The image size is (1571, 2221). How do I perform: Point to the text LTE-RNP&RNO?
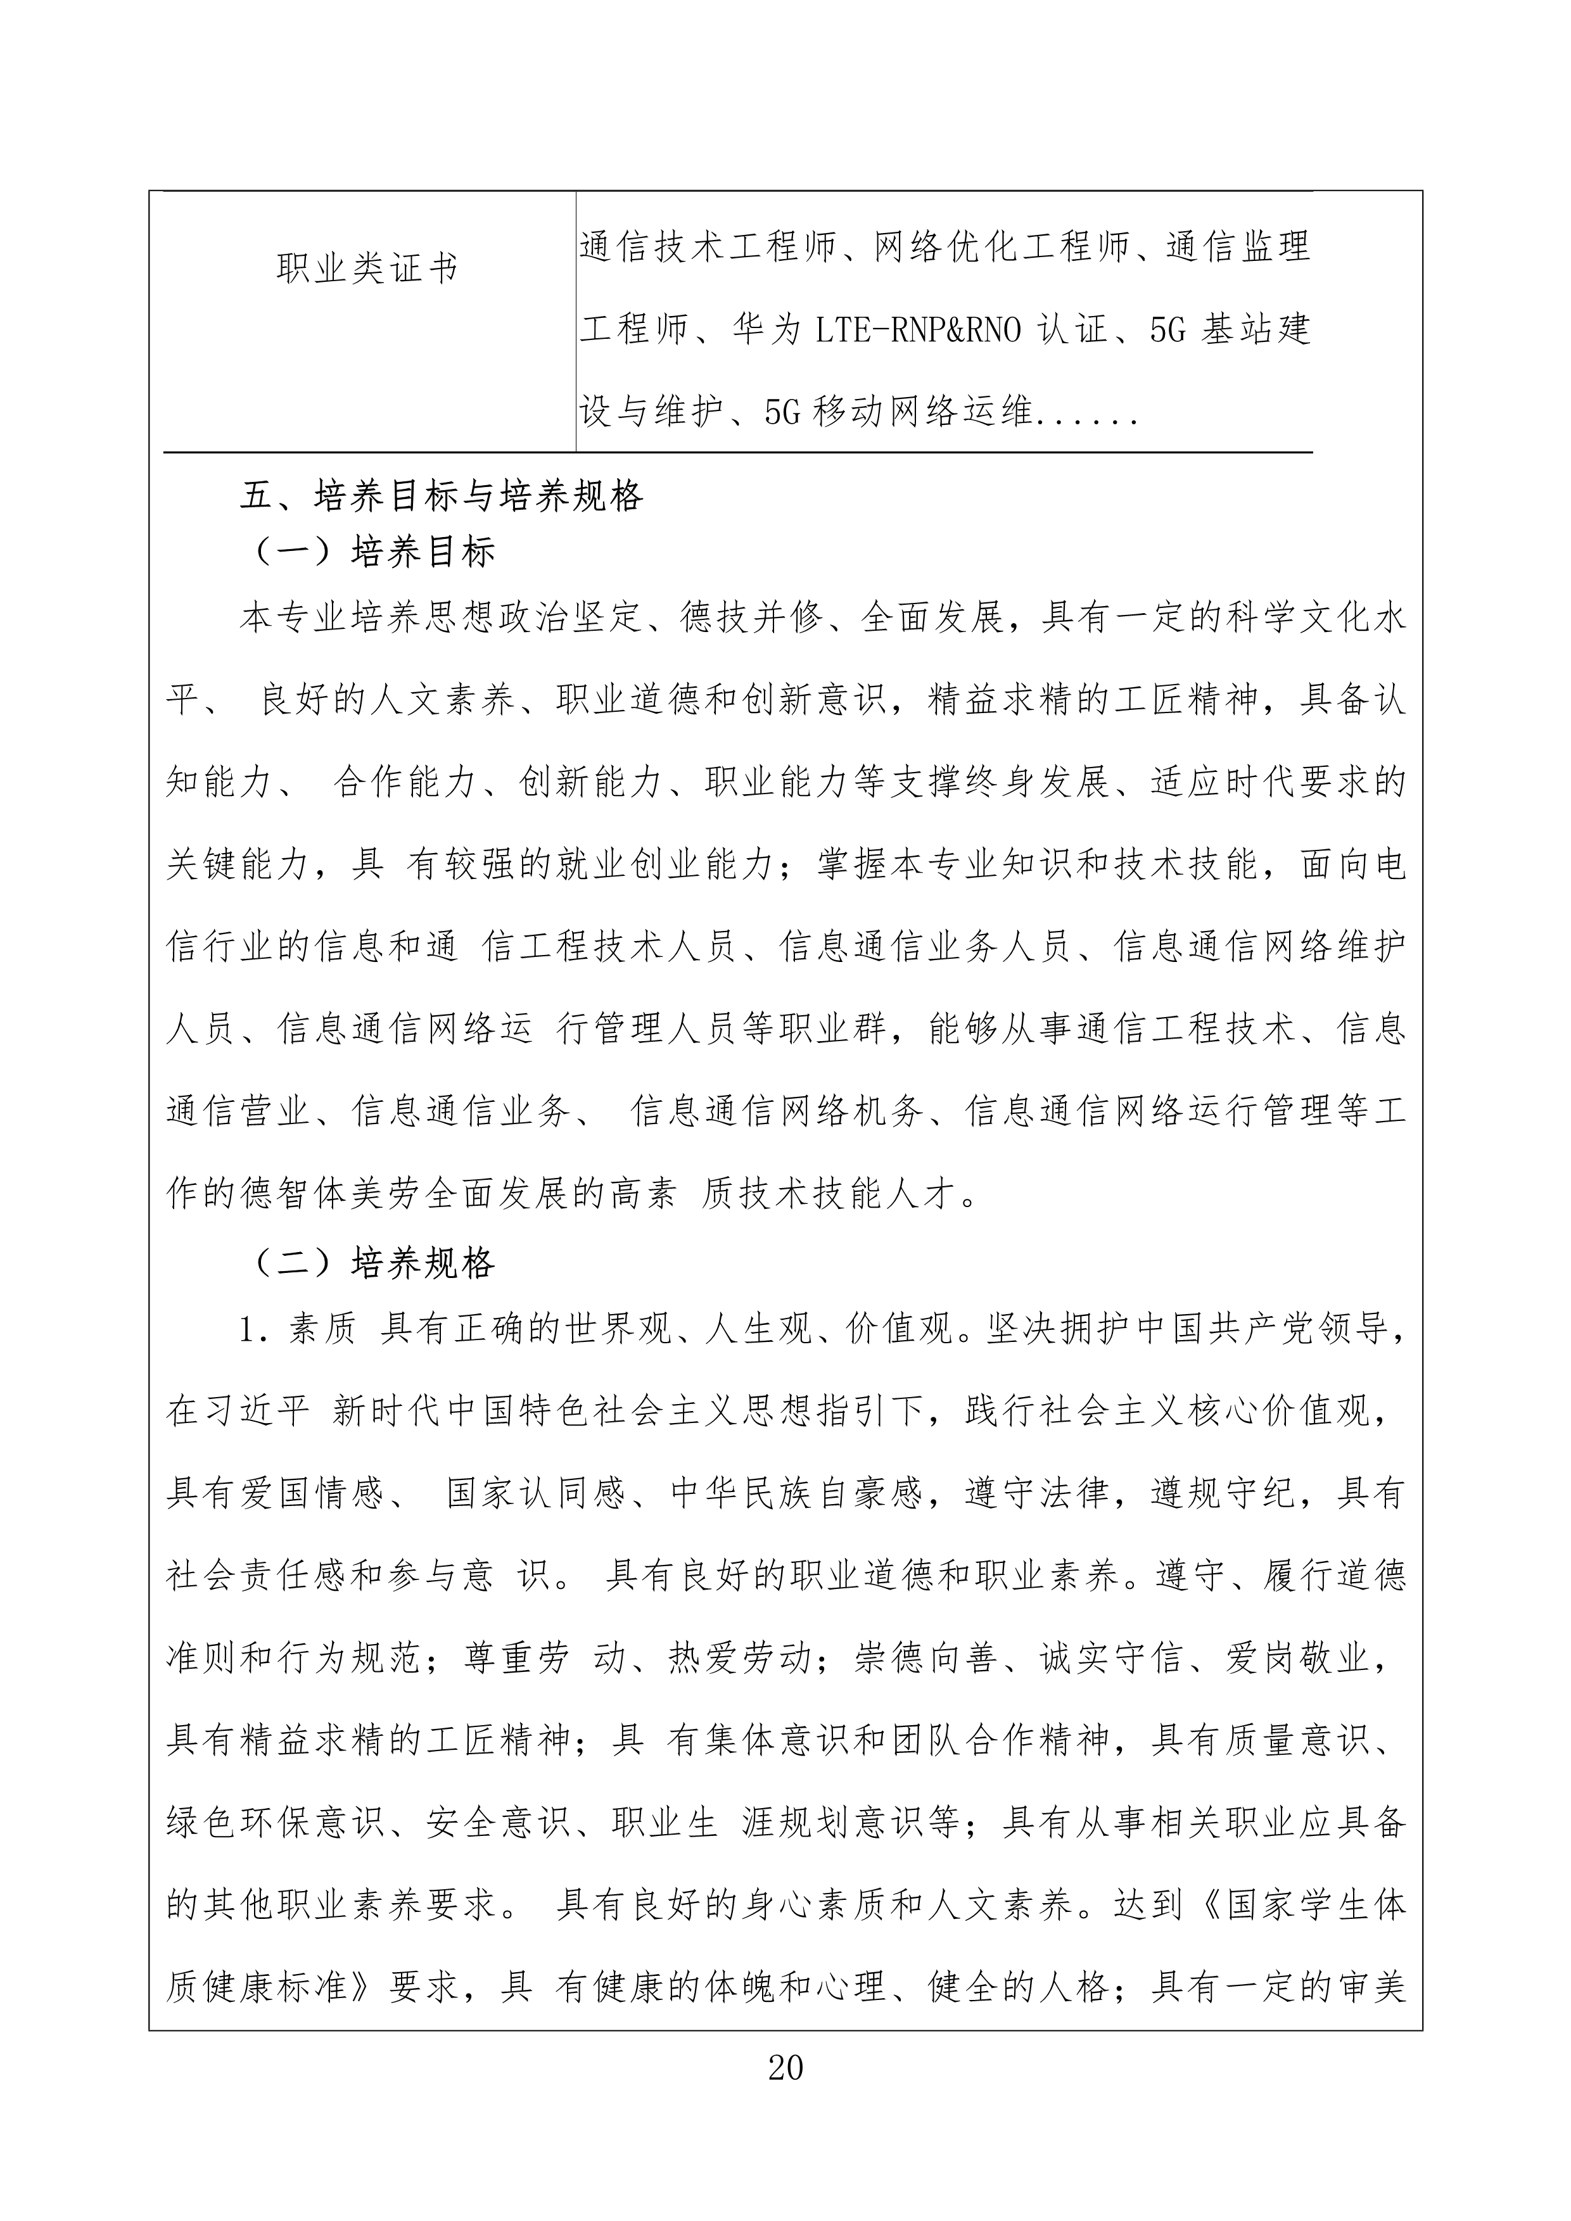click(918, 330)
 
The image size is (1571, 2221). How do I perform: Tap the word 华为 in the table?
click(768, 330)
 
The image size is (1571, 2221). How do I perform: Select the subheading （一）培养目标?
click(376, 552)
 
